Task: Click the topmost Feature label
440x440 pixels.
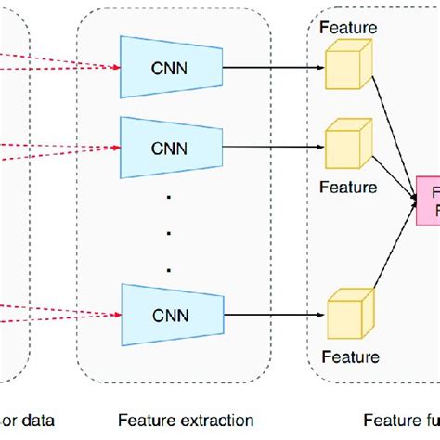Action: pos(348,28)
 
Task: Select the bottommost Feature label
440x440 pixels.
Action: pos(349,356)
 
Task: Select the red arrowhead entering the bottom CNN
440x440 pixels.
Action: pos(117,313)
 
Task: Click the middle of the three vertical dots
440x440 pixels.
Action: pos(168,232)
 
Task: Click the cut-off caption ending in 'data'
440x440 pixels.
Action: pos(28,421)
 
